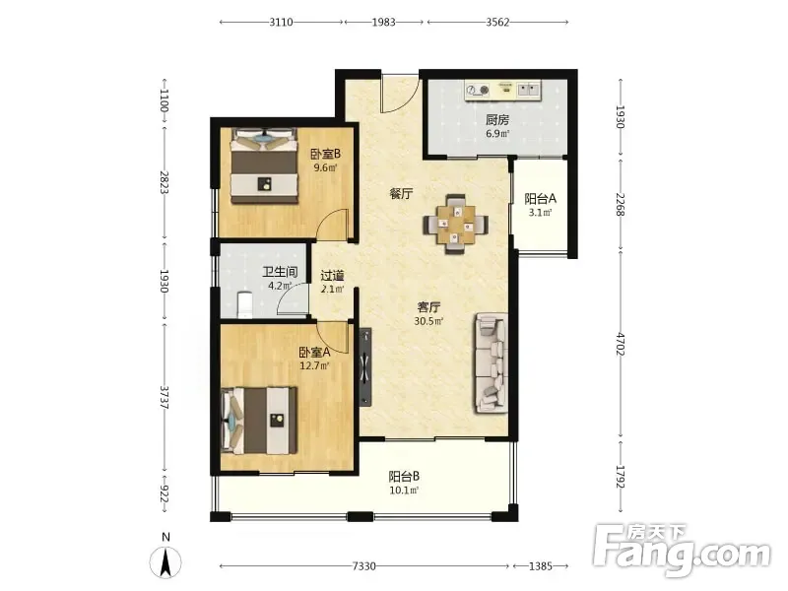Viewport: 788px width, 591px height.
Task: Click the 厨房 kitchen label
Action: [497, 119]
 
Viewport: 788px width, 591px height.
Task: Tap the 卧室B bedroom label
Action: [325, 154]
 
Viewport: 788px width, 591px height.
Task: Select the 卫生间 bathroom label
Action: [280, 273]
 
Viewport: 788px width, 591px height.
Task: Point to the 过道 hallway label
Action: [332, 276]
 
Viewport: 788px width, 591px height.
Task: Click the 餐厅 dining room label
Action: [402, 193]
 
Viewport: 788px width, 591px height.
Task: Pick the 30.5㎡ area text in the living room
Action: [428, 321]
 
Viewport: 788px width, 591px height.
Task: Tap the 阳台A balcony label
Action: [540, 199]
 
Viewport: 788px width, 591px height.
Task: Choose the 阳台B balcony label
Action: [404, 476]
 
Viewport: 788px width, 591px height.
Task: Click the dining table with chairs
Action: [456, 225]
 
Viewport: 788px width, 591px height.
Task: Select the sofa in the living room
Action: [490, 362]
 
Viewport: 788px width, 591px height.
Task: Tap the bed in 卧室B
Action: [264, 165]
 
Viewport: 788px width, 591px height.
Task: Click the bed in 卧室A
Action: [259, 421]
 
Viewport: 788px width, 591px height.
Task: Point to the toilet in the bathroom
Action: [245, 305]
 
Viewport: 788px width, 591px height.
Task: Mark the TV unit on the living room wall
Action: [365, 367]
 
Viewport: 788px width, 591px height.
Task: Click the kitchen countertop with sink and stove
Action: [503, 91]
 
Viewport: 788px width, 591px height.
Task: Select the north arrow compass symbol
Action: [165, 557]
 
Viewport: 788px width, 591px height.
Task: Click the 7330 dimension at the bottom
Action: [363, 566]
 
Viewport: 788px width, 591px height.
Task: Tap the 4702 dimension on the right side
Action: [621, 344]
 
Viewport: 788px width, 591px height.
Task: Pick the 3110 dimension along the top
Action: [281, 22]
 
